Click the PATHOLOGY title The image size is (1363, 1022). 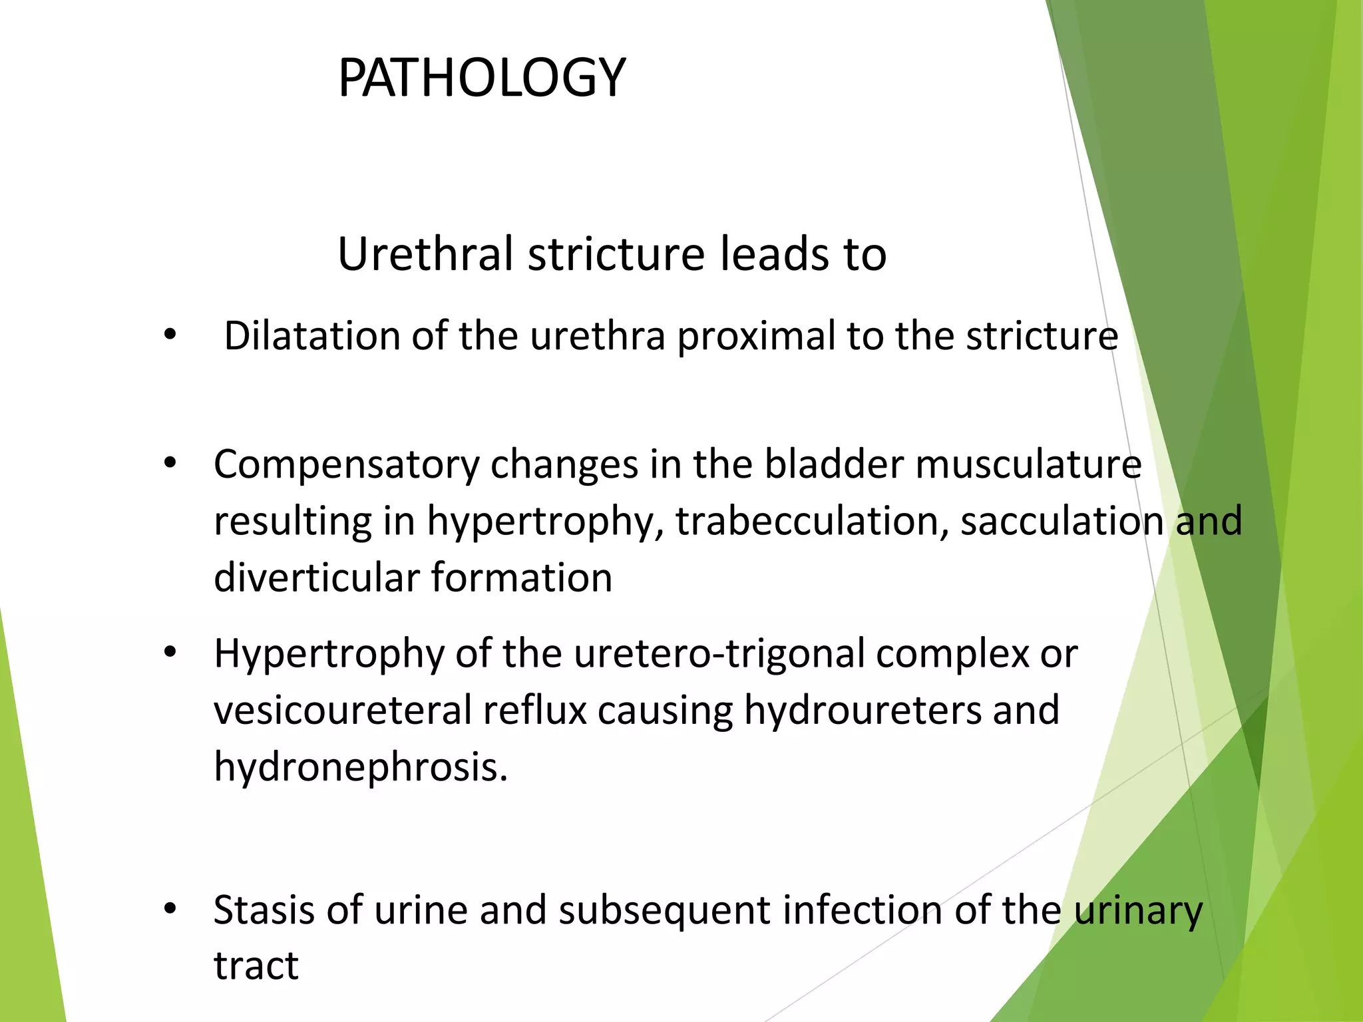481,78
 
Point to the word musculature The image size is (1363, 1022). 1028,464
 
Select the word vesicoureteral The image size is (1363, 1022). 343,710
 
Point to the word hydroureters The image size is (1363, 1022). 863,710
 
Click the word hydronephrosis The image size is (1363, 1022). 361,767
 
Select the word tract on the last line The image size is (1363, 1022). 256,965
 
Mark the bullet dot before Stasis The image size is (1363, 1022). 170,909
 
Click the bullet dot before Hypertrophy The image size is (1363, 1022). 170,653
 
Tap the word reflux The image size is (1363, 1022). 534,710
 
